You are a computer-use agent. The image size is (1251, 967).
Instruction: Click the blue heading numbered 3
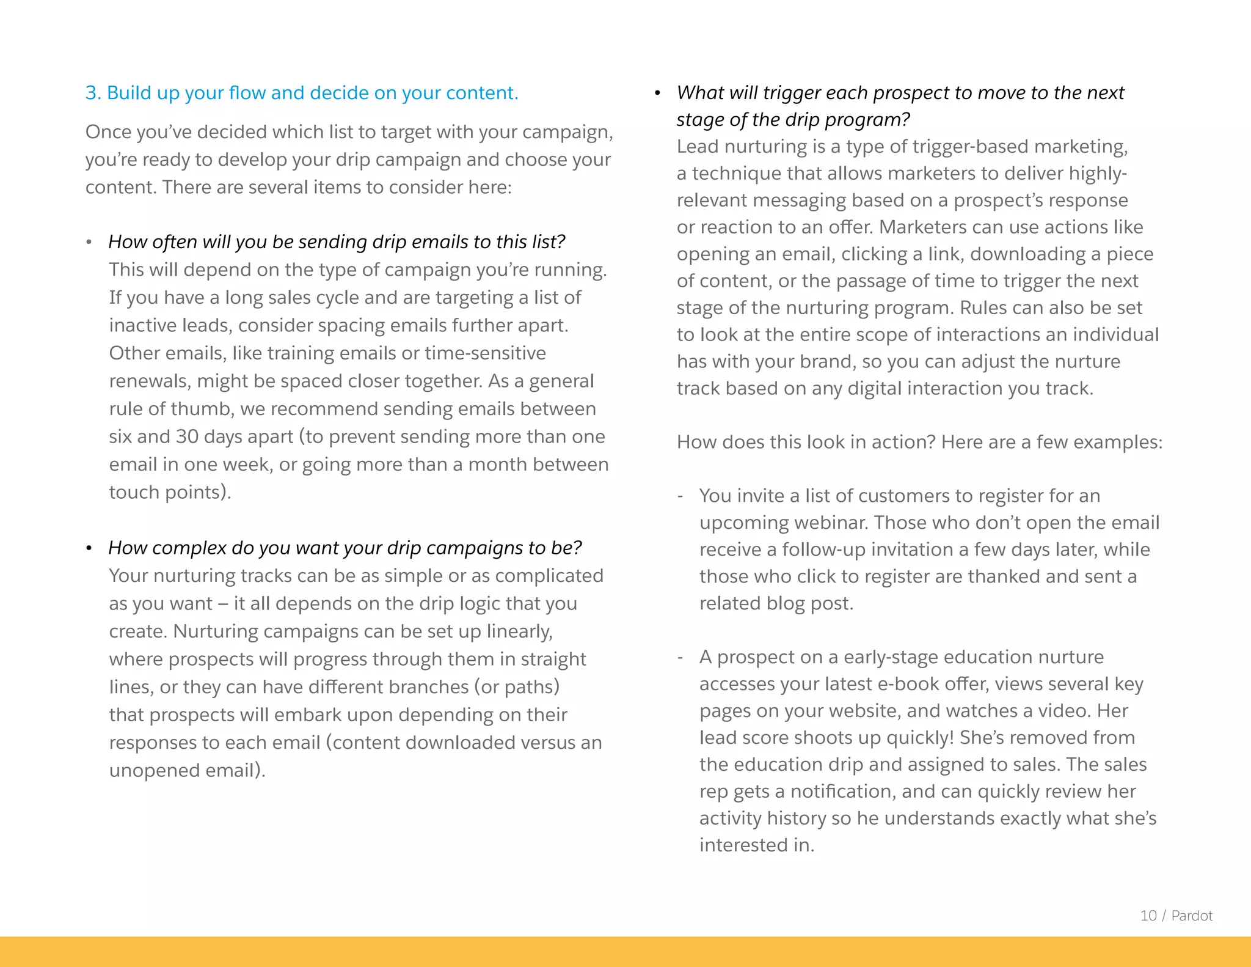(302, 93)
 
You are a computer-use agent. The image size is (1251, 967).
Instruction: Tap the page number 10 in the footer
(1148, 916)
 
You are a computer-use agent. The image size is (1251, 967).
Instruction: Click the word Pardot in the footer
(1192, 916)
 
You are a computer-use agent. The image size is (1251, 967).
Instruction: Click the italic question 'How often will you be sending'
(337, 242)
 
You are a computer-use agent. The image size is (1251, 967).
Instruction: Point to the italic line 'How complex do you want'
(345, 548)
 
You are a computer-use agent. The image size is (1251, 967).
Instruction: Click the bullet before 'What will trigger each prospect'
(657, 94)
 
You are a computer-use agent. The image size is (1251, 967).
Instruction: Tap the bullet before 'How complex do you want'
(89, 548)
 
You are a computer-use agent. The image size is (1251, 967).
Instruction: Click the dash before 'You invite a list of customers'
(680, 496)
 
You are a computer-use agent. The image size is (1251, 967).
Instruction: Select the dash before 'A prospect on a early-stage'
(680, 657)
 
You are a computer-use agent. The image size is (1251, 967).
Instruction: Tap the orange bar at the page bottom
(625, 952)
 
